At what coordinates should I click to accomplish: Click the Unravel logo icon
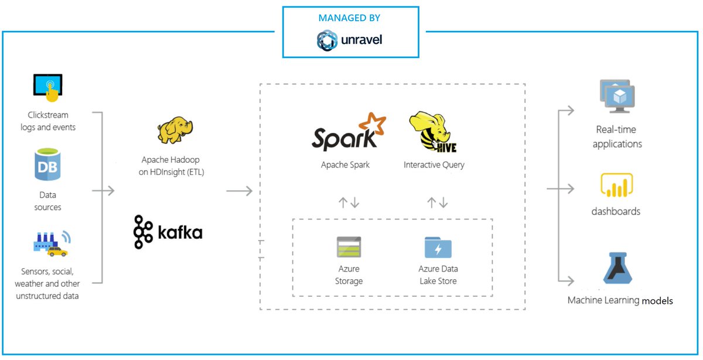327,40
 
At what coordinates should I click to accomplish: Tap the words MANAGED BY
349,18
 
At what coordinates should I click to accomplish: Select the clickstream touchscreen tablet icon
48,88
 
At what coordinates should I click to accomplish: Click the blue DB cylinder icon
47,164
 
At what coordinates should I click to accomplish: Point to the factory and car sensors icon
52,244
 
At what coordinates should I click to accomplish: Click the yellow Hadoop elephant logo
175,130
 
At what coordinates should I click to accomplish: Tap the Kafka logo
168,232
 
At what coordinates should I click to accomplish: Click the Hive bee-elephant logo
433,132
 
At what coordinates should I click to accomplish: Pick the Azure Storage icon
349,247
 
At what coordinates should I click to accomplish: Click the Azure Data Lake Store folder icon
438,247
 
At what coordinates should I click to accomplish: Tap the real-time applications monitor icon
617,96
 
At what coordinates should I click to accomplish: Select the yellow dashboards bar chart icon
617,185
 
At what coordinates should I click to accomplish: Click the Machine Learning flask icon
617,268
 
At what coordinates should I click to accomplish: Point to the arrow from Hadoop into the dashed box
240,191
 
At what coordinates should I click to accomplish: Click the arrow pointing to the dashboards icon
561,188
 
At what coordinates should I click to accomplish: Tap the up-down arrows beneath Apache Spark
349,203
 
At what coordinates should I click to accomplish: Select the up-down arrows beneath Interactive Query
438,203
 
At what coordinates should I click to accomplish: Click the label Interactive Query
434,165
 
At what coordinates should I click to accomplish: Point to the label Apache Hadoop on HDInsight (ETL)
171,166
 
